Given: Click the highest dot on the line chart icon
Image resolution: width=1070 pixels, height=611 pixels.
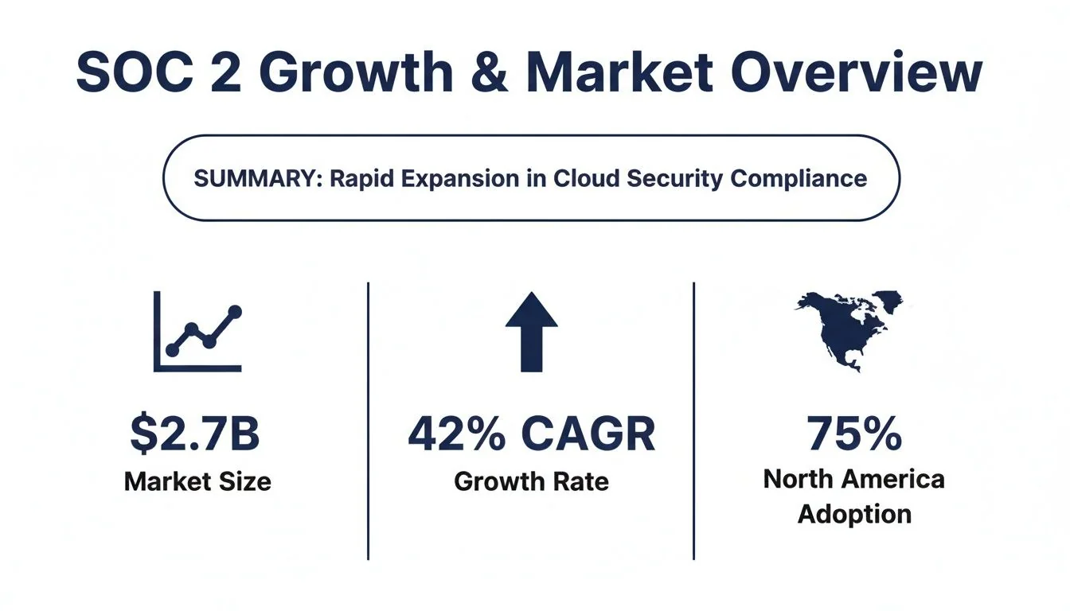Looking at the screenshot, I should pyautogui.click(x=234, y=311).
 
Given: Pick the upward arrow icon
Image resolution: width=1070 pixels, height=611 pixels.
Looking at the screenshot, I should pyautogui.click(x=531, y=332).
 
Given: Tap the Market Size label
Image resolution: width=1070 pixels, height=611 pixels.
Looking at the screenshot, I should pyautogui.click(x=197, y=481).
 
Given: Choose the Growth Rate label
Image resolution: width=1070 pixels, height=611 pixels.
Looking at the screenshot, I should pyautogui.click(x=531, y=481).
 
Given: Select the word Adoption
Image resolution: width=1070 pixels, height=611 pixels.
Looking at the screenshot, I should pyautogui.click(x=854, y=514).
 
